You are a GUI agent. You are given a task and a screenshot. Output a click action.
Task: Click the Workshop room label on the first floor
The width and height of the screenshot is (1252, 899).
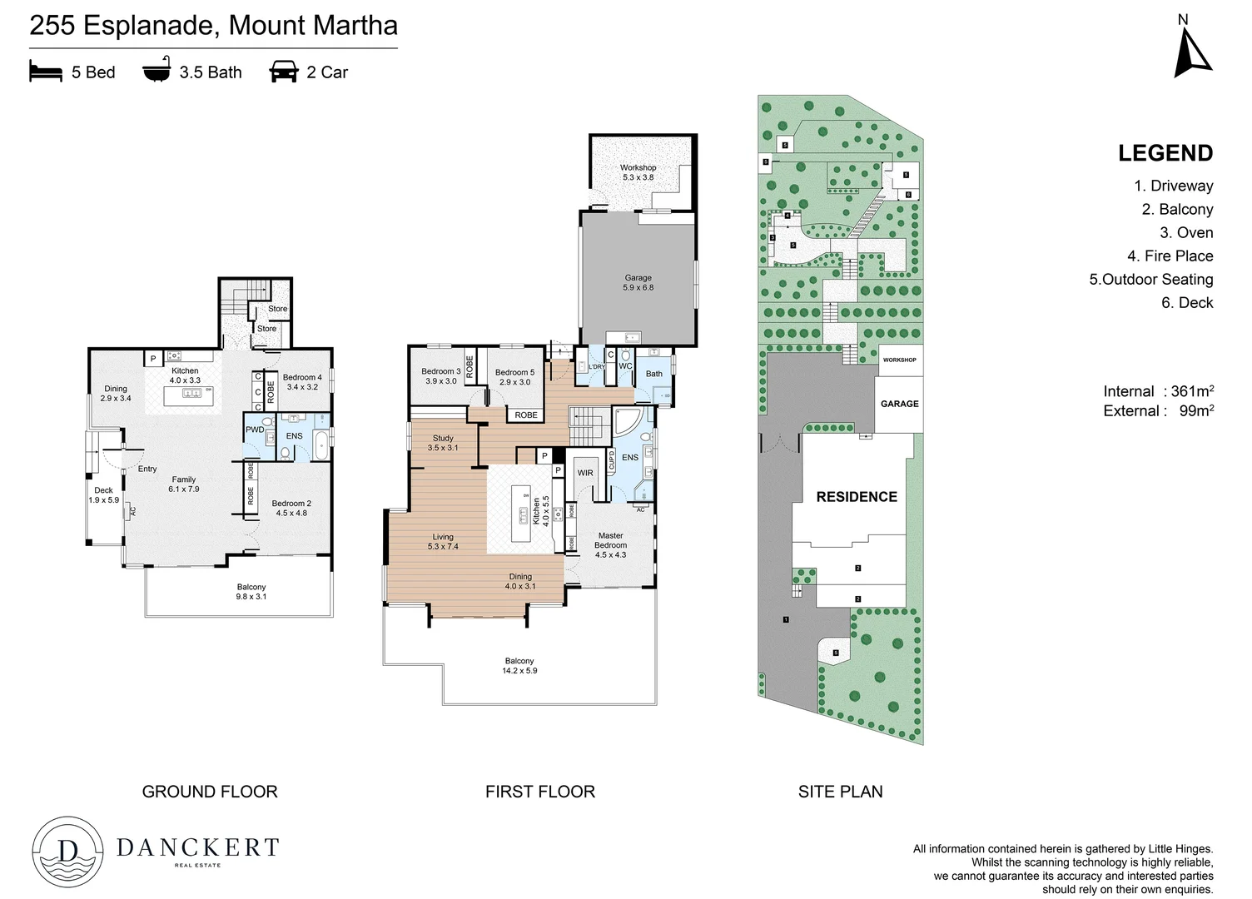pyautogui.click(x=638, y=172)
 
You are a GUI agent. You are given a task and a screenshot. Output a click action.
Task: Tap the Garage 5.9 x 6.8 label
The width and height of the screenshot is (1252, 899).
pyautogui.click(x=638, y=283)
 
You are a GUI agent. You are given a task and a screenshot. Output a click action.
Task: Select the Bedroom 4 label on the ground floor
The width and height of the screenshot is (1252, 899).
pyautogui.click(x=302, y=382)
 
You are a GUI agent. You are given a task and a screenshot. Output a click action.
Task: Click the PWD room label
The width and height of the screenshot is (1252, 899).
pyautogui.click(x=255, y=430)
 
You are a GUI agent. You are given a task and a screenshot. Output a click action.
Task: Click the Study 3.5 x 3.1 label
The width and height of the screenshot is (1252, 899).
pyautogui.click(x=443, y=443)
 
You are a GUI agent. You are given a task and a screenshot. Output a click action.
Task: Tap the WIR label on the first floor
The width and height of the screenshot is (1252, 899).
pyautogui.click(x=585, y=473)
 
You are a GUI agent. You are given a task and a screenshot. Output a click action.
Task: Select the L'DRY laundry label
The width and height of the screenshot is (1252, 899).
pyautogui.click(x=597, y=367)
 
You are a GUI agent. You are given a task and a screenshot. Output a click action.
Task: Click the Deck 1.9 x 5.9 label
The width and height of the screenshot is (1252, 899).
pyautogui.click(x=103, y=495)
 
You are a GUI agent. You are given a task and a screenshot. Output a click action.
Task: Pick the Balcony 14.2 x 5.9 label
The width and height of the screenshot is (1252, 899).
pyautogui.click(x=519, y=665)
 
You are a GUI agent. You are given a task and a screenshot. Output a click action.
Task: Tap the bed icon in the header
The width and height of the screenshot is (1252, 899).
pyautogui.click(x=46, y=72)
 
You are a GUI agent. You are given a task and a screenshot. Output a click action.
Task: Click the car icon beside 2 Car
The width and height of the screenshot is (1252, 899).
pyautogui.click(x=284, y=72)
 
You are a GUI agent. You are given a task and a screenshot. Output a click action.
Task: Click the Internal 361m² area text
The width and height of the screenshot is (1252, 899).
pyautogui.click(x=1157, y=391)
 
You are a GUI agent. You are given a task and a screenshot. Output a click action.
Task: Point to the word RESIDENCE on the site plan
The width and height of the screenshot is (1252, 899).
pyautogui.click(x=856, y=497)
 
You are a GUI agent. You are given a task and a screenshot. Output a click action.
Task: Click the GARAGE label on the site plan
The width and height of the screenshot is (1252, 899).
pyautogui.click(x=899, y=404)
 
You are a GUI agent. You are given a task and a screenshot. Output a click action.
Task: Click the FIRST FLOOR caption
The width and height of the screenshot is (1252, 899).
pyautogui.click(x=539, y=792)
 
